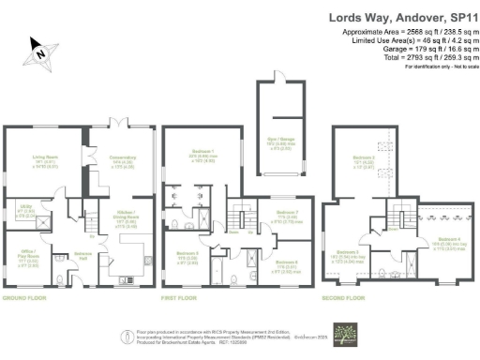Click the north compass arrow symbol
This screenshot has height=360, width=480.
(x=40, y=53)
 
